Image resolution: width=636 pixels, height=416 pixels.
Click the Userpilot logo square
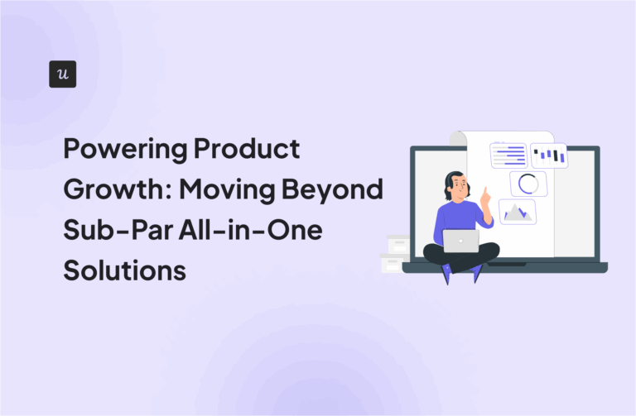(63, 74)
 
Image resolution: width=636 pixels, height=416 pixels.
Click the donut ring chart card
(528, 184)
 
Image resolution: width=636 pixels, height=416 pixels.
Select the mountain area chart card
(517, 212)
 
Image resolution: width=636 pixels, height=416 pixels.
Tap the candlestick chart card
(549, 155)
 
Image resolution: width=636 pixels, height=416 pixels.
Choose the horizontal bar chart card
(508, 155)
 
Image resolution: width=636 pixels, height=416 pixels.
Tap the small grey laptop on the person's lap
(461, 241)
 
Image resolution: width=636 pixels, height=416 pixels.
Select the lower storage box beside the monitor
(392, 262)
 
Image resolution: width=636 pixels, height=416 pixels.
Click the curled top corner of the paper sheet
(458, 138)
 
